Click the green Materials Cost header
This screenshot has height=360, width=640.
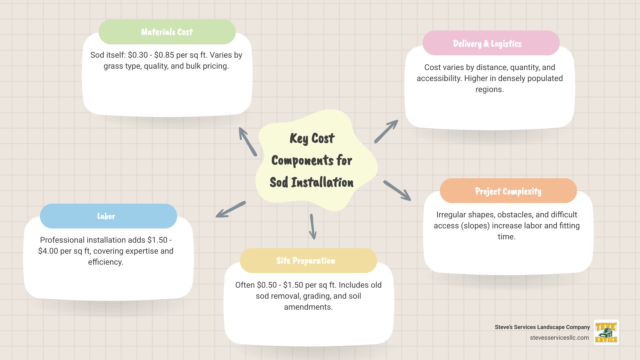(167, 32)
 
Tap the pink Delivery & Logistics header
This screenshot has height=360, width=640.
(491, 43)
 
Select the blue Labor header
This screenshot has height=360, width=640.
(108, 216)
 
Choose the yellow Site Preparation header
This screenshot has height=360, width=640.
(308, 261)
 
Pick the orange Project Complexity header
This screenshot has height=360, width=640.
(508, 191)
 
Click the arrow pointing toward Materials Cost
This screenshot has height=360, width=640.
(248, 141)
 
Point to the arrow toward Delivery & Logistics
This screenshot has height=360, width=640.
(386, 131)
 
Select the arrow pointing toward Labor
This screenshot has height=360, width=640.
(231, 209)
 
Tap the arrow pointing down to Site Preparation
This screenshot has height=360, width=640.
(313, 227)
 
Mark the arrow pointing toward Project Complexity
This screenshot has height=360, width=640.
(397, 191)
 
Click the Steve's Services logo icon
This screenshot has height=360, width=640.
(606, 332)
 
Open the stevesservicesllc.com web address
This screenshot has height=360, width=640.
(559, 338)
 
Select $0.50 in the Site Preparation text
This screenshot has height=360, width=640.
(267, 285)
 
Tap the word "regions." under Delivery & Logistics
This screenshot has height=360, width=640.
(489, 89)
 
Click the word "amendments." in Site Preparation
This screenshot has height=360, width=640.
(308, 307)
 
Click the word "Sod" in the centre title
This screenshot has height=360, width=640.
(279, 182)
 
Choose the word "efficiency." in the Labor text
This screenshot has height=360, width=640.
(106, 262)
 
